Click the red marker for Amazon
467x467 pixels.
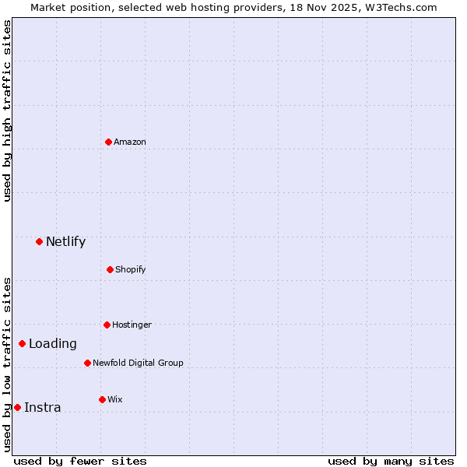tap(108, 142)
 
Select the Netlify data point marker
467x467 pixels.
tap(39, 241)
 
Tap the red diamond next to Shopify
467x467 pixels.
tap(110, 269)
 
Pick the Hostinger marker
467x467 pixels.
tap(107, 325)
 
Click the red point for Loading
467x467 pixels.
tap(22, 343)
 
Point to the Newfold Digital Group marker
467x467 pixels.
tap(87, 363)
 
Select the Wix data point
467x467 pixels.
tap(102, 399)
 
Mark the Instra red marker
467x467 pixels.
tap(17, 407)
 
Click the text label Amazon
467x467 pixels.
tap(130, 142)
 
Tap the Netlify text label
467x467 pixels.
tap(65, 241)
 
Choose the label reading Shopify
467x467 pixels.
tap(131, 269)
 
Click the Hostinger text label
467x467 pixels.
tap(132, 325)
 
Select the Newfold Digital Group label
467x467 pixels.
tap(138, 363)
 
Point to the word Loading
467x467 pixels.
tap(53, 343)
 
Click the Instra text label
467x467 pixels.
tap(43, 407)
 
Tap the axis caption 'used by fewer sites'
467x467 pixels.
tap(80, 461)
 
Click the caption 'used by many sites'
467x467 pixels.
tap(391, 461)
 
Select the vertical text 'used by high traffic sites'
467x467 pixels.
tap(7, 111)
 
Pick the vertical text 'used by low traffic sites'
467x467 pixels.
tap(7, 364)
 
